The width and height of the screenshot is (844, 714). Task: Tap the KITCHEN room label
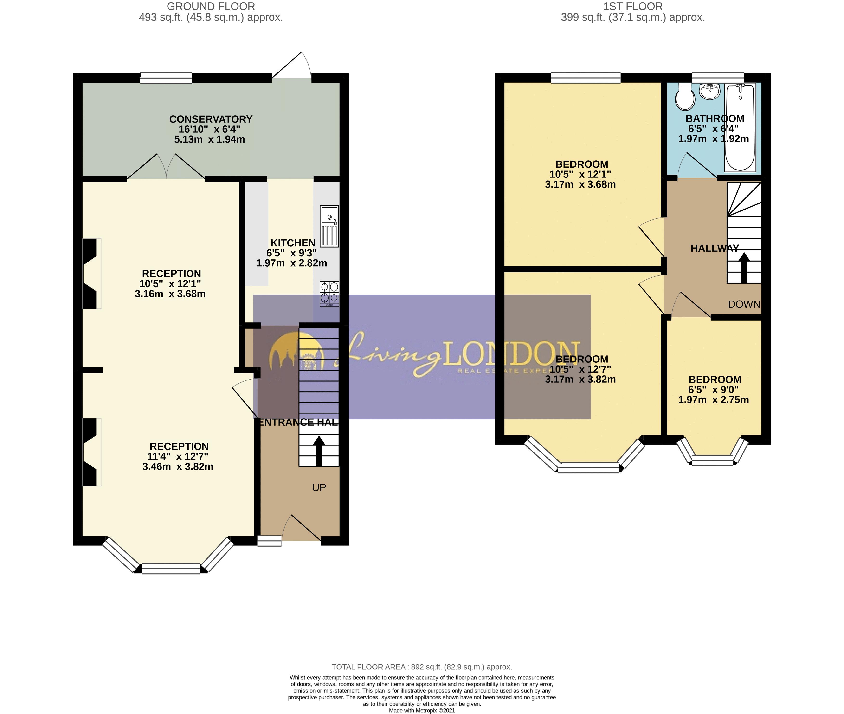(x=293, y=243)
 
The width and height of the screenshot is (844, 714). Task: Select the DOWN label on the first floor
(x=744, y=304)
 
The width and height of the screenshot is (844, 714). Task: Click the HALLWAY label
(x=714, y=249)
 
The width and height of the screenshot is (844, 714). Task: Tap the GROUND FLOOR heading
(x=211, y=7)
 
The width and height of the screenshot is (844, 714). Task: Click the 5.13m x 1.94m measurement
(x=209, y=139)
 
